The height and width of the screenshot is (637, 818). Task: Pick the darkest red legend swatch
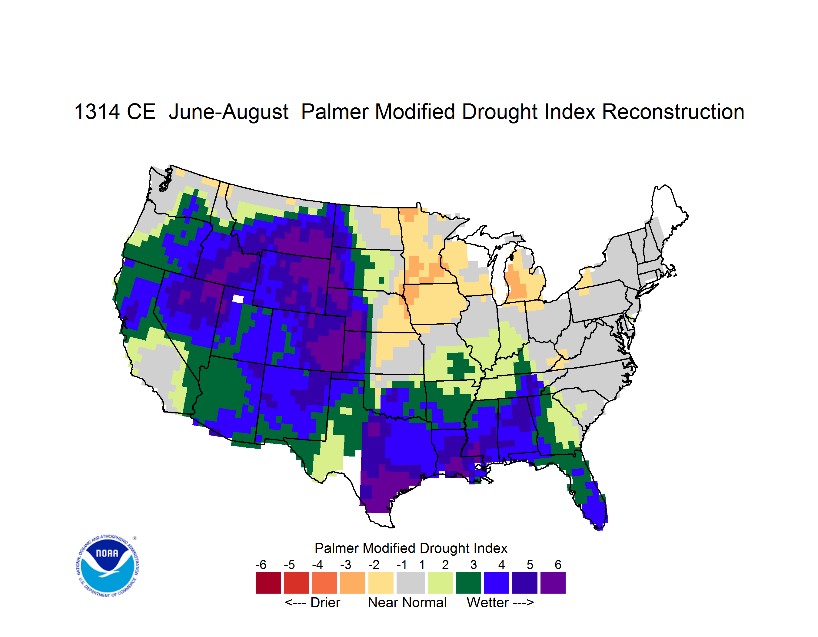coord(268,583)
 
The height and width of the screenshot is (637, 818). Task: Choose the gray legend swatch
coord(411,583)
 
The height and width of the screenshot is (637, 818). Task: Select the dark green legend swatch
coord(468,583)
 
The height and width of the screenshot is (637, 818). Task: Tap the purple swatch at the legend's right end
coord(553,583)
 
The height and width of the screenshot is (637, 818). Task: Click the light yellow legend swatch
coord(381,583)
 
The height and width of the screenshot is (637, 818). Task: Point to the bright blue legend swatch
coord(497,583)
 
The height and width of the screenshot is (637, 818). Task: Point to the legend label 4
coord(501,565)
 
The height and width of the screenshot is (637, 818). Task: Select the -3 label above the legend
coord(345,565)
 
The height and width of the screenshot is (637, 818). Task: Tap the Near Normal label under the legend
coord(407,602)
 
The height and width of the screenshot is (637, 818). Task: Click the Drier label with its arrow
coord(312,602)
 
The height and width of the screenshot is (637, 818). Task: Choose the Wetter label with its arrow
coord(500,602)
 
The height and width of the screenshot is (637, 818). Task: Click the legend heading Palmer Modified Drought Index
coord(411,548)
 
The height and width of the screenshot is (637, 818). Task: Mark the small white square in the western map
coord(238,299)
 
